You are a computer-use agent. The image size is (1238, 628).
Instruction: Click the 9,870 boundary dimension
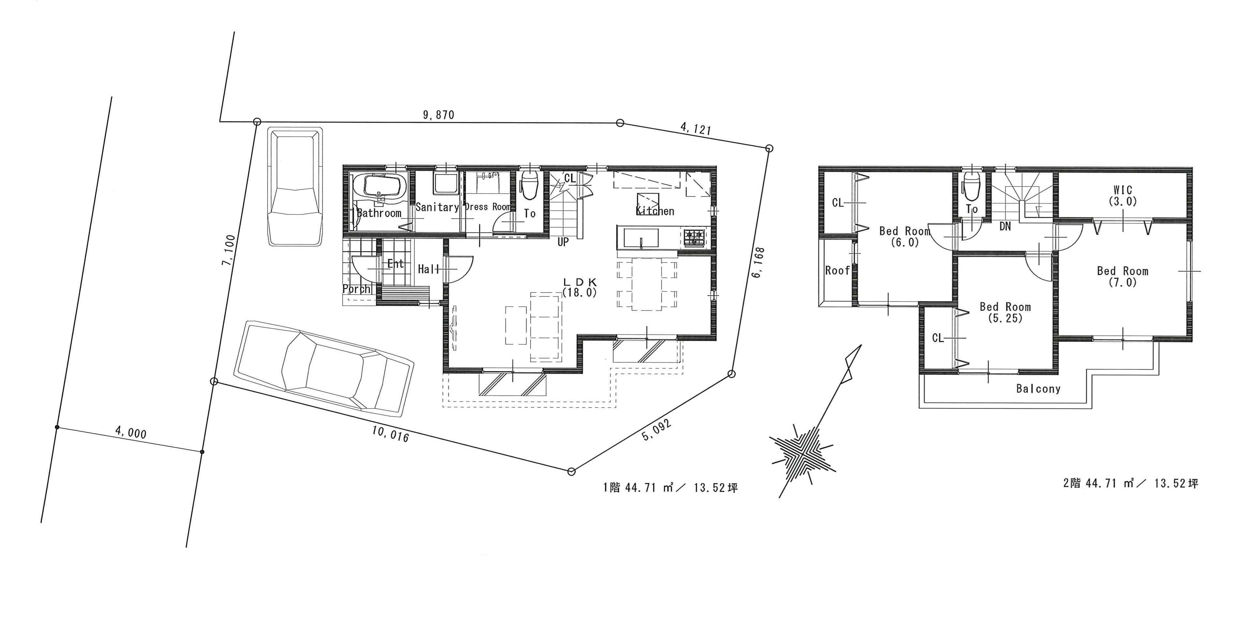click(x=438, y=115)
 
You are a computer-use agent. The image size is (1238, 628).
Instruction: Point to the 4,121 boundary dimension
click(x=695, y=129)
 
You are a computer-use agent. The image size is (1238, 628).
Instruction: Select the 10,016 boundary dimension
click(x=390, y=434)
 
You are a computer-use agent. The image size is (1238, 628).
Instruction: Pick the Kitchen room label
click(x=655, y=211)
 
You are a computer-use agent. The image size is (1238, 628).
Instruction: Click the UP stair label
click(x=563, y=242)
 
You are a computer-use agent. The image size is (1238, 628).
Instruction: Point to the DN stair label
click(x=1005, y=226)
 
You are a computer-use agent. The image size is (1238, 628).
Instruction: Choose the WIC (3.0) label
click(x=1123, y=196)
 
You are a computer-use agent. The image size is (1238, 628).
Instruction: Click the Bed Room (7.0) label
click(x=1123, y=277)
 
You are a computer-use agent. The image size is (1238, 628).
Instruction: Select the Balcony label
click(x=1038, y=389)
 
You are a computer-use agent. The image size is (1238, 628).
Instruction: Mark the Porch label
click(x=356, y=288)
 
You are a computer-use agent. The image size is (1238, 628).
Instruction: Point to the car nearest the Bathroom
click(x=294, y=187)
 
